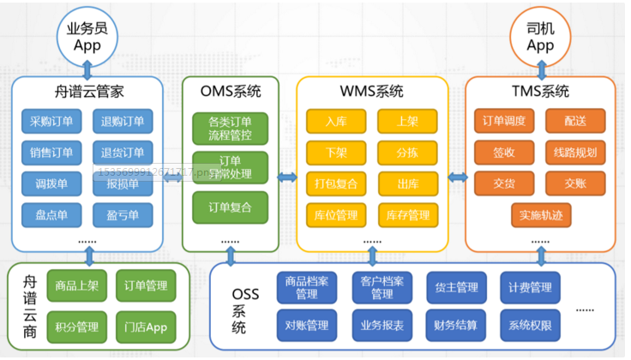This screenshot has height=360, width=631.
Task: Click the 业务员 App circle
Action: pos(87,36)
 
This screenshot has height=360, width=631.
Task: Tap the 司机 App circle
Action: pos(540,36)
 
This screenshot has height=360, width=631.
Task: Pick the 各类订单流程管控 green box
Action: pos(231,128)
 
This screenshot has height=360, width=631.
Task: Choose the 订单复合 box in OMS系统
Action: pos(231,207)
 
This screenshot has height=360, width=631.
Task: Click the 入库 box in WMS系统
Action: pos(336,121)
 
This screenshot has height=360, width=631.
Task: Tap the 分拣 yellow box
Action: pos(407,153)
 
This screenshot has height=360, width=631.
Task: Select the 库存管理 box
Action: pos(407,214)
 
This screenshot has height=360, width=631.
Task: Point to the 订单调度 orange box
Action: pos(504,121)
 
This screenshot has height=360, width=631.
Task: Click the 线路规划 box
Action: pos(574,153)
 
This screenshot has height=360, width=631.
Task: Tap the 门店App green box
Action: pos(145,326)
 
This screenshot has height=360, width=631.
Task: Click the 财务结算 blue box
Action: pos(454,326)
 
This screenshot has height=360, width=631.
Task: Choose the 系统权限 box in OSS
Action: pos(529,326)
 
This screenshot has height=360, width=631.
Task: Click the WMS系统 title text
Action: pos(372,92)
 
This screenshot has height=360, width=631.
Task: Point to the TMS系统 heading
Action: pos(540,92)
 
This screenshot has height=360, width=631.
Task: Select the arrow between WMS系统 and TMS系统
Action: pos(456,177)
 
